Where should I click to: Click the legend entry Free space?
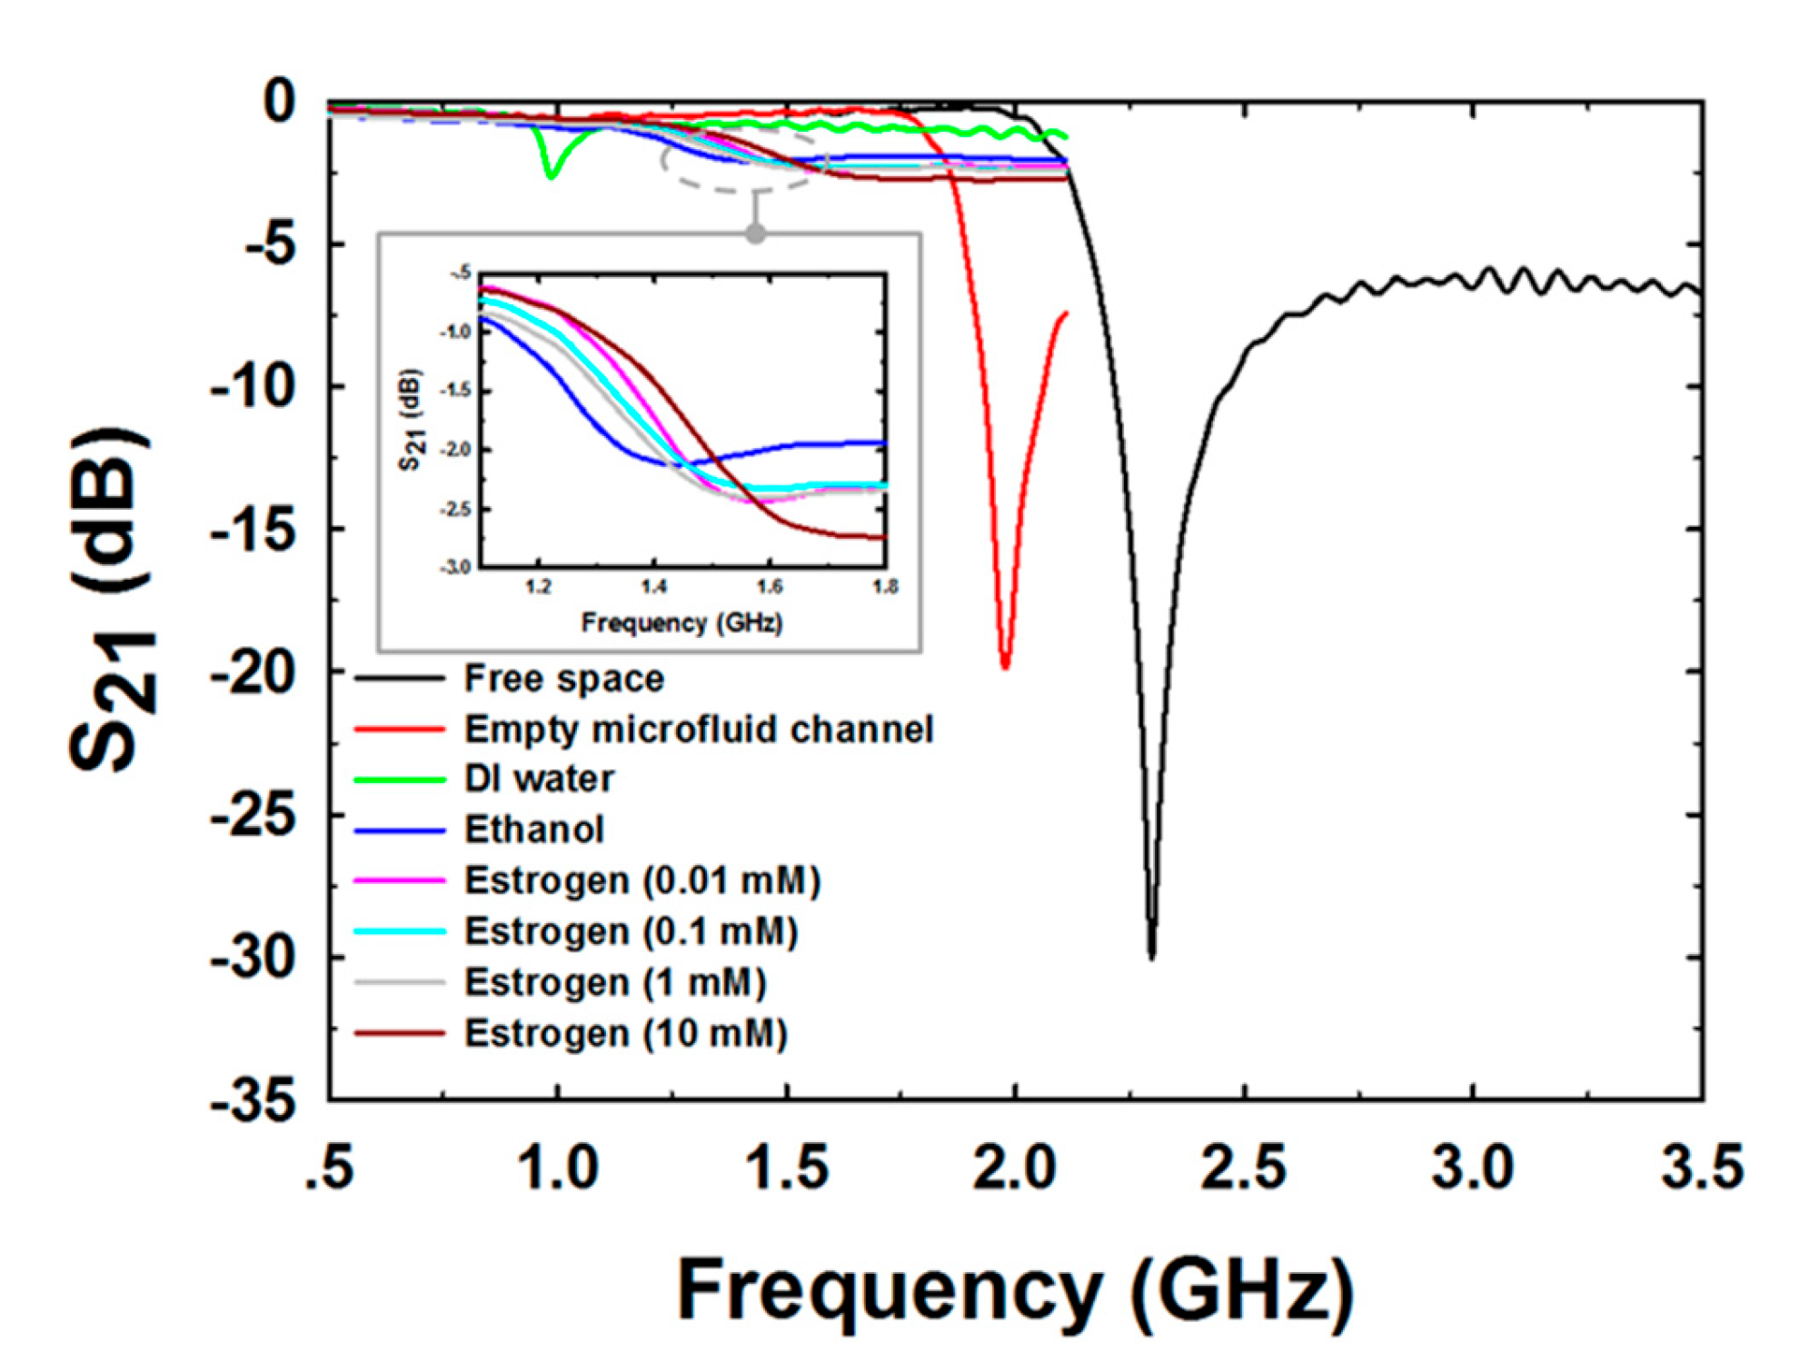563,679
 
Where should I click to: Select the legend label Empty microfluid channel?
698,729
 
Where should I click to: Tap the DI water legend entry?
539,779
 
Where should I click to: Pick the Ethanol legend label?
533,830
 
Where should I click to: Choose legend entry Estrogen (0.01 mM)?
642,880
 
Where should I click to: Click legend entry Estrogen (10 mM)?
625,1033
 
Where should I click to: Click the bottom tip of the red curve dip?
1005,666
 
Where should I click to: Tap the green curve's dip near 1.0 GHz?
550,175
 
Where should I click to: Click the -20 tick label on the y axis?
254,673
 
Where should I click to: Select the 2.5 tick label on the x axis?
1243,1168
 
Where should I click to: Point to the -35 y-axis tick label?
254,1101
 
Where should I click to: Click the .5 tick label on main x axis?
329,1168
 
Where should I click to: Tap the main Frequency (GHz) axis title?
1015,1290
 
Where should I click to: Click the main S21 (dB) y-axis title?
111,600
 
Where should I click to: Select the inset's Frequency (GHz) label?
681,623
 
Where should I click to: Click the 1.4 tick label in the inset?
653,587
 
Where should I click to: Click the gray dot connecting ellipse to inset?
755,234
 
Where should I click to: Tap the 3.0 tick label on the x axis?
1472,1168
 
